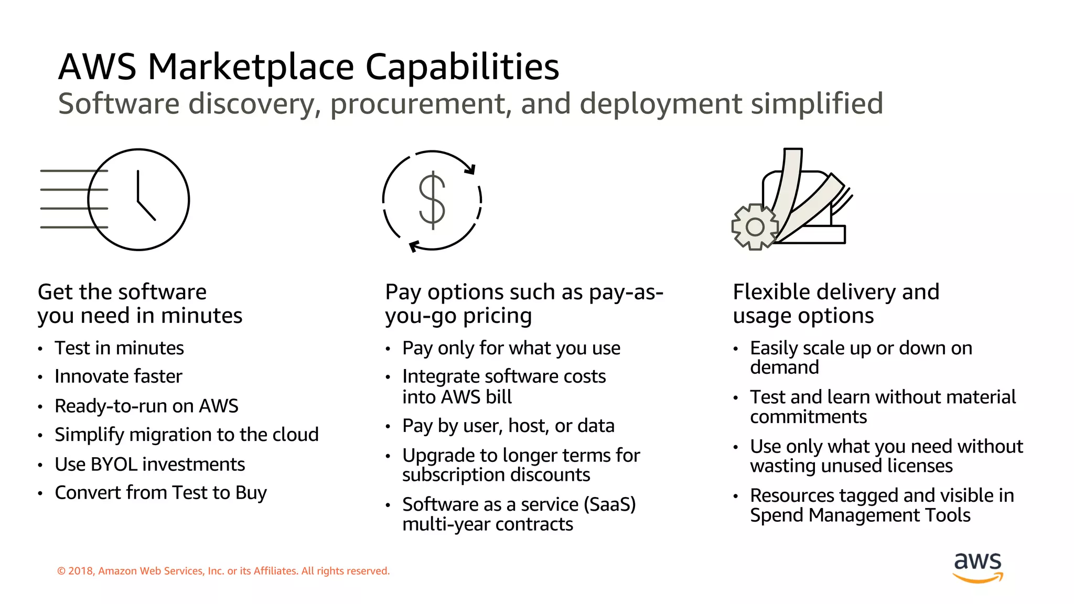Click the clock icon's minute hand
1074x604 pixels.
138,186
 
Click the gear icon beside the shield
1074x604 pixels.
755,226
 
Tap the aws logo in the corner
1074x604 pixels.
978,567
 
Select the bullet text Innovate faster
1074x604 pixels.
119,376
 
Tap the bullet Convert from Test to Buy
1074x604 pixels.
160,493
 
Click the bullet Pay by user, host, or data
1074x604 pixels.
508,426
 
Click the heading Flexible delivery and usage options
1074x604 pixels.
835,304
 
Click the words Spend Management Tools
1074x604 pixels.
860,515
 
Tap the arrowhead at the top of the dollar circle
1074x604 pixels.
470,169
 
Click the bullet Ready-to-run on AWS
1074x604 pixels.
146,406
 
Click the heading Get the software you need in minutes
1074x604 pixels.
140,304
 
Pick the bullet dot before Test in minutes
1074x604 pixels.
40,349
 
